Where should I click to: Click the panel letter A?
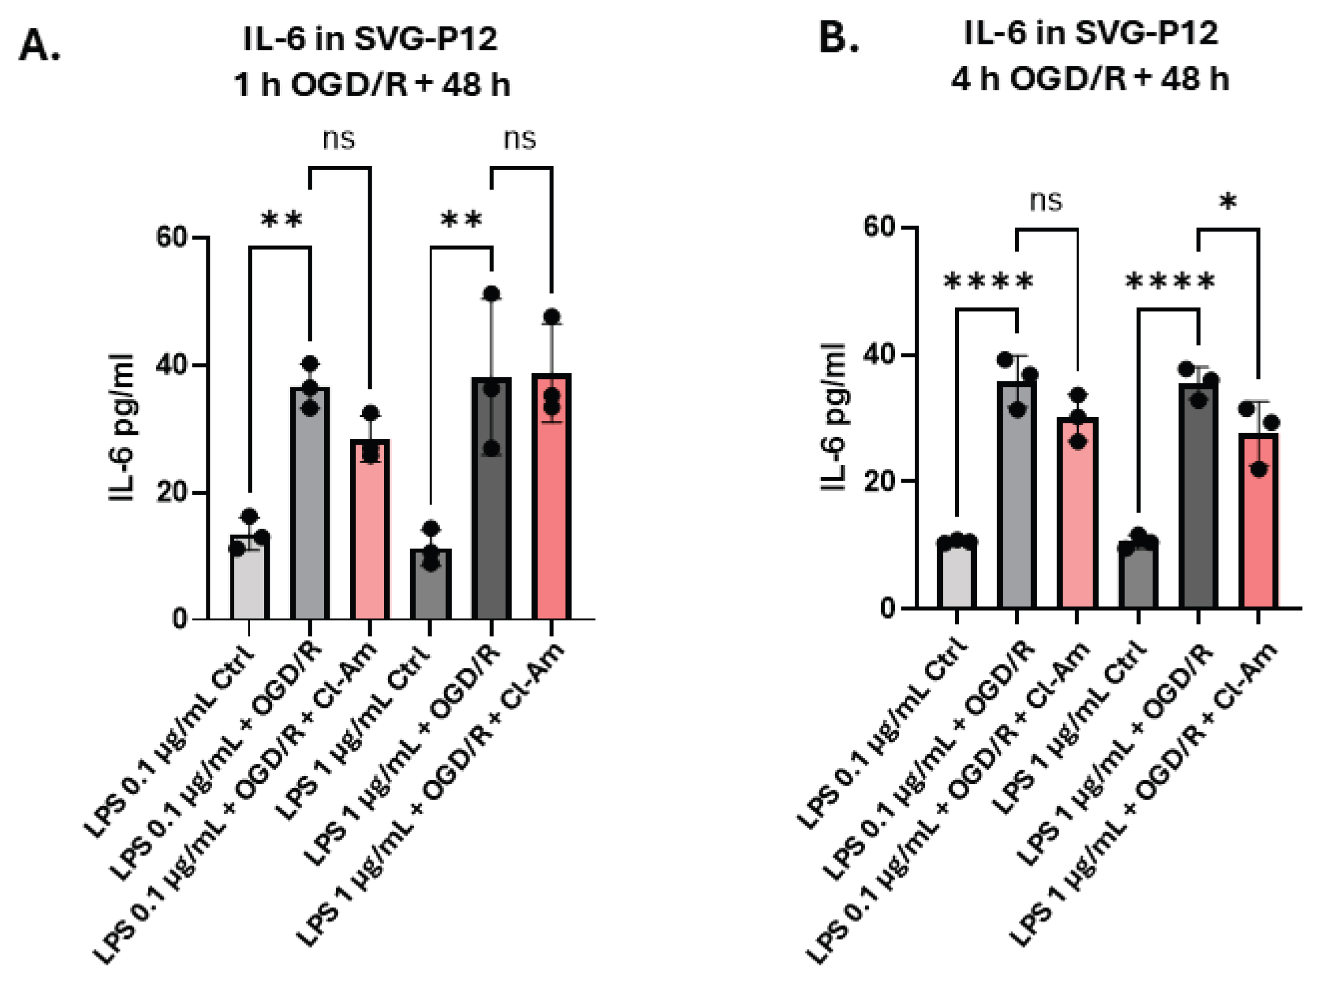pos(39,46)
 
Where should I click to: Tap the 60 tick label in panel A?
pos(172,237)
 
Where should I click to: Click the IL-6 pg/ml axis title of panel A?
pos(122,427)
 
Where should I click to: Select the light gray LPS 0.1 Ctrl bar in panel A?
pos(249,578)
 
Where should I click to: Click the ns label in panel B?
pos(1047,202)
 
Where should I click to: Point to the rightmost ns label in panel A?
pos(520,139)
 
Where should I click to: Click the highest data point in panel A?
pos(492,294)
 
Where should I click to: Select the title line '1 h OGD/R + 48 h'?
pos(372,84)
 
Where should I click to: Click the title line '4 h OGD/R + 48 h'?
pos(1090,78)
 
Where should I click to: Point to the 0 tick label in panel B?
pos(888,609)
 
